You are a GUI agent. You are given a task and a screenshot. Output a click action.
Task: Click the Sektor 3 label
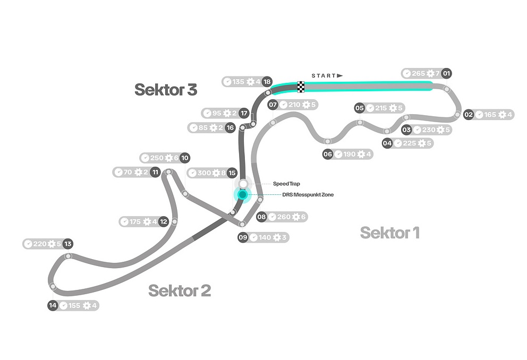coord(166,89)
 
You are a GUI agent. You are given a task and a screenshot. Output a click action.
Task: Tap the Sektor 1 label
coord(390,233)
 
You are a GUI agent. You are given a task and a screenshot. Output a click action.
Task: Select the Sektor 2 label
coord(180,290)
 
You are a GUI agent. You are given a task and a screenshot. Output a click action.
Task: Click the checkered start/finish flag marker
coord(301,86)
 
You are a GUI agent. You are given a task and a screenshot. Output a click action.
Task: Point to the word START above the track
coord(324,76)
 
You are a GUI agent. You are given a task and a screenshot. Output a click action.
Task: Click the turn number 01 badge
coord(446,74)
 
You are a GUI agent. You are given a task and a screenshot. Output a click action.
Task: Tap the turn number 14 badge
coord(52,305)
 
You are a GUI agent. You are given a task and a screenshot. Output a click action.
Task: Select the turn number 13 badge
coord(67,244)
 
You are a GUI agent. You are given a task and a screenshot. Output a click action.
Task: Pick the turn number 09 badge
coord(243,237)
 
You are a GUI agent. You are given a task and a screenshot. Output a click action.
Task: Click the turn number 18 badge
coord(267,82)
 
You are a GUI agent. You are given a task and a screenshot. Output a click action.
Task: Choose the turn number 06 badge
coord(328,154)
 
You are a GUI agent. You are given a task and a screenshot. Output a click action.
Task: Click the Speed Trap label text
coord(287,184)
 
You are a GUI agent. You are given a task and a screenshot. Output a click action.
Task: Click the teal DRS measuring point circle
coord(243,195)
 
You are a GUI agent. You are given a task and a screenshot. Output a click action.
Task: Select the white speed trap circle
coord(243,184)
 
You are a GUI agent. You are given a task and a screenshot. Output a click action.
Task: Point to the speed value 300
coord(204,173)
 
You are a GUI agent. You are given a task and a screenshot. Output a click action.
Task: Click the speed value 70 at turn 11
coord(127,172)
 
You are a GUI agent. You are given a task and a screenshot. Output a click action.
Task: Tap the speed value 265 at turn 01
coord(419,74)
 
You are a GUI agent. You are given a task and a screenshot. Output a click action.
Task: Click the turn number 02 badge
coord(469,114)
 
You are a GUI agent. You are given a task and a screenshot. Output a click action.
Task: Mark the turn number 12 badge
coord(164,221)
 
